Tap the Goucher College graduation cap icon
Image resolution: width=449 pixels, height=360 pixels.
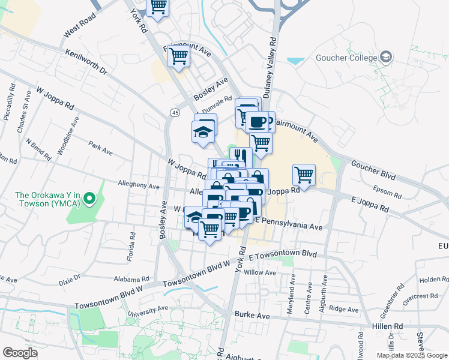click(x=386, y=58)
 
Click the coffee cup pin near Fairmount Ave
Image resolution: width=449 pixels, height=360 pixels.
click(x=258, y=122)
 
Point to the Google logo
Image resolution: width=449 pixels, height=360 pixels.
click(x=20, y=353)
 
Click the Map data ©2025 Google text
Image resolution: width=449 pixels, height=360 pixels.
click(x=411, y=355)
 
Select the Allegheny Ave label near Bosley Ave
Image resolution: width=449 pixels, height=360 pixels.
click(x=139, y=187)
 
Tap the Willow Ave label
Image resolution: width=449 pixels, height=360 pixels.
click(x=260, y=272)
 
